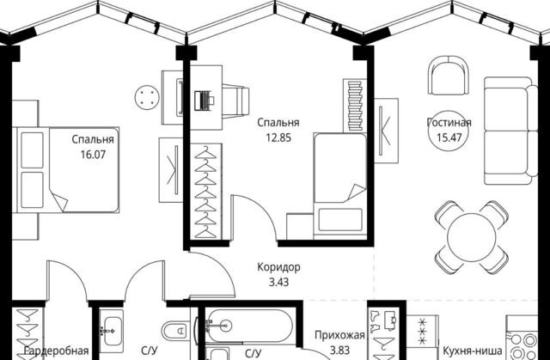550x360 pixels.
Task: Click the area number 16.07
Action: pos(93,155)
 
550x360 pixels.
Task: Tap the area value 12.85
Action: pos(278,137)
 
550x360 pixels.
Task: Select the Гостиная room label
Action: pos(449,122)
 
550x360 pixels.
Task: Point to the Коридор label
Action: pos(278,267)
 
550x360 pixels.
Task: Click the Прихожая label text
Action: pos(339,335)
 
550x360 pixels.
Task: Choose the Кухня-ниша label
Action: pos(472,351)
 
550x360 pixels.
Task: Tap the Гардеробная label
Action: pos(56,351)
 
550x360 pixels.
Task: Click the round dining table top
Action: pos(472,238)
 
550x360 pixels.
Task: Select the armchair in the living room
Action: pos(449,76)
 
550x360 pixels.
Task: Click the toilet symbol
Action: pos(175,330)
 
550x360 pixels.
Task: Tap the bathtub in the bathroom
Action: pos(249,326)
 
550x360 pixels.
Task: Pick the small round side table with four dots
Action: pos(147,97)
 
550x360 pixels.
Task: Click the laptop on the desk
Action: pos(205,101)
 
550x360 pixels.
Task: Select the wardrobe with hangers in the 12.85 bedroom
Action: pos(205,192)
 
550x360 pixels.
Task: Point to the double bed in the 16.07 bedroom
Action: pos(66,170)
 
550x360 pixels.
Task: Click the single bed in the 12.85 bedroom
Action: pos(340,186)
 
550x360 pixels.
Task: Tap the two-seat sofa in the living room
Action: pos(510,131)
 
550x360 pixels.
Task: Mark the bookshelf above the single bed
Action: pos(355,106)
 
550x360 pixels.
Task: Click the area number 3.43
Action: pos(278,282)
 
